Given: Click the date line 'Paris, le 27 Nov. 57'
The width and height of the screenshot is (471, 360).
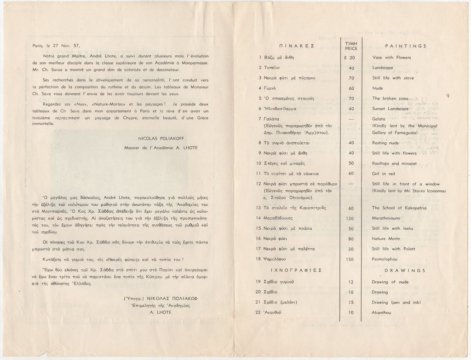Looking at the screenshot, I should click(x=56, y=46).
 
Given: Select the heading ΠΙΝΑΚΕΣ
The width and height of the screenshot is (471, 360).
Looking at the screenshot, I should click(x=296, y=46).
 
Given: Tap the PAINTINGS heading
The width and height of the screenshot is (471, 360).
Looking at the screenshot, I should click(x=405, y=46).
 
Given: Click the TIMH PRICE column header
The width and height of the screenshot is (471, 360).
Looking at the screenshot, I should click(x=351, y=45).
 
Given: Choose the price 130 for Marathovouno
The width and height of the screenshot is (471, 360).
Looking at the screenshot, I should click(x=351, y=218).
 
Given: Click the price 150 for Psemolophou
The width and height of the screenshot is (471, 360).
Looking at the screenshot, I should click(x=351, y=260).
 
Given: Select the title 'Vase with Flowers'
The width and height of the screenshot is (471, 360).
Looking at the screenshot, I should click(x=391, y=58).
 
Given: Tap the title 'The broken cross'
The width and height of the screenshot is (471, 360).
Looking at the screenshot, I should click(x=390, y=99).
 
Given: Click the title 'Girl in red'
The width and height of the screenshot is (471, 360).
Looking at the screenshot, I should click(x=383, y=174).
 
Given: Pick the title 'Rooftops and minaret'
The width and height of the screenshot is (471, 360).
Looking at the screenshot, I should click(x=394, y=163).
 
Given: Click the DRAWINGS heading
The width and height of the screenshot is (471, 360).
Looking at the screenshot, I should click(x=405, y=271).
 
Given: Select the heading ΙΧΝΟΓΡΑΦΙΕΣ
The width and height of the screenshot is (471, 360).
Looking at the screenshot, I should click(x=296, y=271).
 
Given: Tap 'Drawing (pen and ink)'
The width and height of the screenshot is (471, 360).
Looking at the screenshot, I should click(x=396, y=302).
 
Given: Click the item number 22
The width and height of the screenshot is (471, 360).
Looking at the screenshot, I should click(x=258, y=313).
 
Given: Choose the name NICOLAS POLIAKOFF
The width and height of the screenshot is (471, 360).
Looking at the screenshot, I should click(x=157, y=138).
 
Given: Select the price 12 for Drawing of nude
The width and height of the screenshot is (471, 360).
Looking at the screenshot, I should click(x=351, y=282).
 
